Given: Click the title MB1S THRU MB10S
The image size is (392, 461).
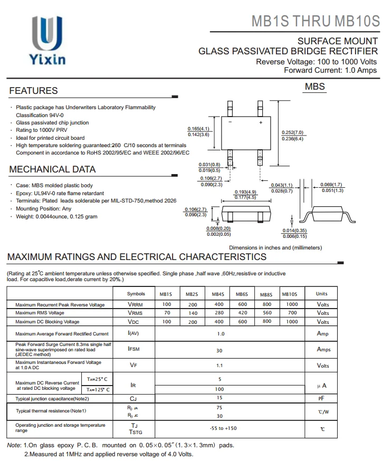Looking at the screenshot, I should [315, 21].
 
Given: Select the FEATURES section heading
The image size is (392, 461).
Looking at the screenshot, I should [33, 91].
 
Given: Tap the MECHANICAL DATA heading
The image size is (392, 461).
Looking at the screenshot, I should [52, 169].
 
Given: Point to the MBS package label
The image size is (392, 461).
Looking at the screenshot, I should [314, 87].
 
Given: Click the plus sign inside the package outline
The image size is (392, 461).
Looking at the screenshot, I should [260, 122].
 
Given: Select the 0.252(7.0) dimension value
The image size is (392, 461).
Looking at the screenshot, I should [293, 132].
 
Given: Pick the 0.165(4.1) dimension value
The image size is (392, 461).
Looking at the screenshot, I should [198, 129].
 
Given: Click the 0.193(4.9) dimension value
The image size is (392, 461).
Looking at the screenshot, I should [245, 192].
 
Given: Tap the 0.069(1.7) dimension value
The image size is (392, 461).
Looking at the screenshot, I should [331, 185].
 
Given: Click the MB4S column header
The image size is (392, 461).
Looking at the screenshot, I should [218, 294].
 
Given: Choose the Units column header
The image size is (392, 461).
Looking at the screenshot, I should [321, 294].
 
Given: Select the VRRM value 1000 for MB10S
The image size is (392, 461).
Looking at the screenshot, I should [292, 304].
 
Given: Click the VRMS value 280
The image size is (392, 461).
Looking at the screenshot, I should [218, 313].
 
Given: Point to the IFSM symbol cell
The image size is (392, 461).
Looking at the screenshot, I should [133, 349].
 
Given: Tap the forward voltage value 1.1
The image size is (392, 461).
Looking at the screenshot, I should [219, 366].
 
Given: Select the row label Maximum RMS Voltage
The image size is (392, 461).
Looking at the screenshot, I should [40, 313].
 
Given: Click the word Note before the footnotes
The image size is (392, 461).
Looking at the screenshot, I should [13, 445].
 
